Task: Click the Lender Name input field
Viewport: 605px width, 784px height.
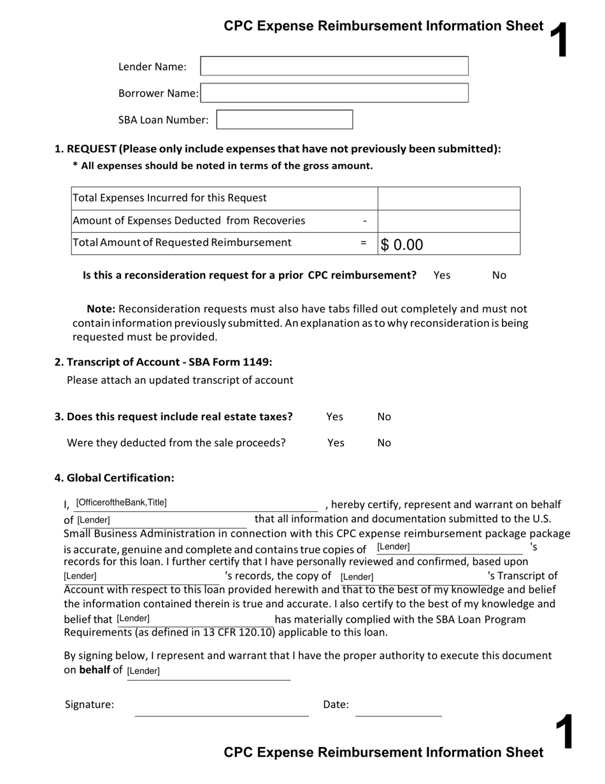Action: coord(334,66)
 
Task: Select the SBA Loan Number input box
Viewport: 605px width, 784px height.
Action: coord(285,120)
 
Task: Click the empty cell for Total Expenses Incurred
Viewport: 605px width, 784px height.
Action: coord(449,198)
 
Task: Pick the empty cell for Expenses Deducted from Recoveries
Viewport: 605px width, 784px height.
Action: coord(449,221)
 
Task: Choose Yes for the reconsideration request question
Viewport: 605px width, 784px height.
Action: coord(441,275)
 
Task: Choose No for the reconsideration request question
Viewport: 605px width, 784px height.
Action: coord(499,275)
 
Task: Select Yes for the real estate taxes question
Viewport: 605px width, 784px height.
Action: coord(334,417)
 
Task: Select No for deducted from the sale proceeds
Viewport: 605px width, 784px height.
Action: coord(384,443)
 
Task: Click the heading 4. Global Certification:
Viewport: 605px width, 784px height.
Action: coord(114,478)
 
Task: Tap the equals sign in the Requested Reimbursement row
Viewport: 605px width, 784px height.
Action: coord(364,243)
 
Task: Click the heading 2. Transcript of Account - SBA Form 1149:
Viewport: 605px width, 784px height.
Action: coord(163,362)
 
